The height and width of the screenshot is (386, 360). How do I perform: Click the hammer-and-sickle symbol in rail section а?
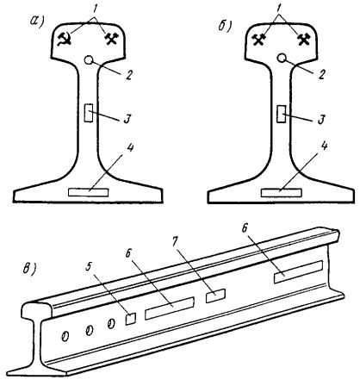pos(65,40)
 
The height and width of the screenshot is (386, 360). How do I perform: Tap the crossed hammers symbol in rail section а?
pos(112,39)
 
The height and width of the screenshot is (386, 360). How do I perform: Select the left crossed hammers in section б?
pos(258,40)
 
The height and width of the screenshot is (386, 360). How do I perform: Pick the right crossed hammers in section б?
pos(304,40)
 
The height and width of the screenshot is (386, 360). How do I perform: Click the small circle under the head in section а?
pos(89,60)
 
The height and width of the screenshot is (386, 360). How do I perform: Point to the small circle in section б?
pos(282,59)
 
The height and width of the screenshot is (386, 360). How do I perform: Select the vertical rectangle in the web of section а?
pos(89,113)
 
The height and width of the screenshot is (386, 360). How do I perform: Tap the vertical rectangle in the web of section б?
pos(282,114)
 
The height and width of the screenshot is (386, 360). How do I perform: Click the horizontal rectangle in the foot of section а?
pos(89,192)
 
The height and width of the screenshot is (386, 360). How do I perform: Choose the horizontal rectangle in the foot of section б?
pos(282,193)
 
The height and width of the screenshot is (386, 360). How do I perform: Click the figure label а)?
pos(37,21)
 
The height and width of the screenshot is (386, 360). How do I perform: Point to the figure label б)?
pos(225,25)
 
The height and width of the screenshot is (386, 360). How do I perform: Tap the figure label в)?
pos(29,270)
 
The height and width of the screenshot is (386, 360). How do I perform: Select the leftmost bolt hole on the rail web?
pos(65,336)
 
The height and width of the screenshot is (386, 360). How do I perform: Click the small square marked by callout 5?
pos(131,319)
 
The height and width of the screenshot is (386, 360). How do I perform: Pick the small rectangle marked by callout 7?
pos(215,296)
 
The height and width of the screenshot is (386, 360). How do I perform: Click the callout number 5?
pos(90,267)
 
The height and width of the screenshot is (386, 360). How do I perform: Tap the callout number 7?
pos(175,243)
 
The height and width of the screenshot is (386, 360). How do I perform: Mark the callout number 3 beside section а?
pos(127,119)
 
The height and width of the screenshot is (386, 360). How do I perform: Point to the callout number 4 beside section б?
pos(324,146)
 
